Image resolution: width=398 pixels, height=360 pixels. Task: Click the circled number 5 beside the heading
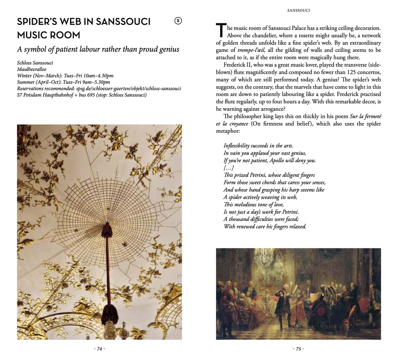178,21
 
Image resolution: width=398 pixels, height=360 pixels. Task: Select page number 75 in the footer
298,349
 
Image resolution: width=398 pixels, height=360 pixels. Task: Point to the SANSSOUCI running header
298,11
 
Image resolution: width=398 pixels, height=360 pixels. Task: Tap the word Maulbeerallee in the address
32,69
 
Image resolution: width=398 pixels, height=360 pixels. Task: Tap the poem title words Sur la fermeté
365,116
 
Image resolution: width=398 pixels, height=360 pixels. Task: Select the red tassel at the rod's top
106,232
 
